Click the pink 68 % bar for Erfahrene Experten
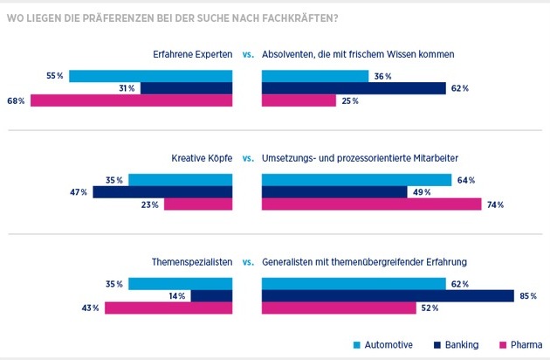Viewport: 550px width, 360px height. (x=131, y=100)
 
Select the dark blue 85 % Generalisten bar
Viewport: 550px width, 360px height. (x=388, y=296)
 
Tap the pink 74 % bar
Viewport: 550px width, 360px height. (x=371, y=204)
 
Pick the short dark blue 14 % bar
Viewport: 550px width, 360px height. (x=211, y=296)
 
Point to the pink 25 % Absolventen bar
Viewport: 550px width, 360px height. (x=299, y=100)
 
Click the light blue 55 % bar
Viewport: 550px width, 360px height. (x=150, y=76)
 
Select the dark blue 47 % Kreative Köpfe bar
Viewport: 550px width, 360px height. (x=162, y=192)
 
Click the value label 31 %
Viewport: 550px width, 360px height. (x=125, y=88)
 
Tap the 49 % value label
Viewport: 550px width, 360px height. (x=423, y=192)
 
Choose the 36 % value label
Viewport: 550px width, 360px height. (x=382, y=76)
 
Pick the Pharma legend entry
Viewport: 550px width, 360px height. (x=525, y=344)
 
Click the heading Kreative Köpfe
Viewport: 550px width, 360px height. (x=201, y=159)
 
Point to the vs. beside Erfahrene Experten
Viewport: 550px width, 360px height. (x=248, y=55)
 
